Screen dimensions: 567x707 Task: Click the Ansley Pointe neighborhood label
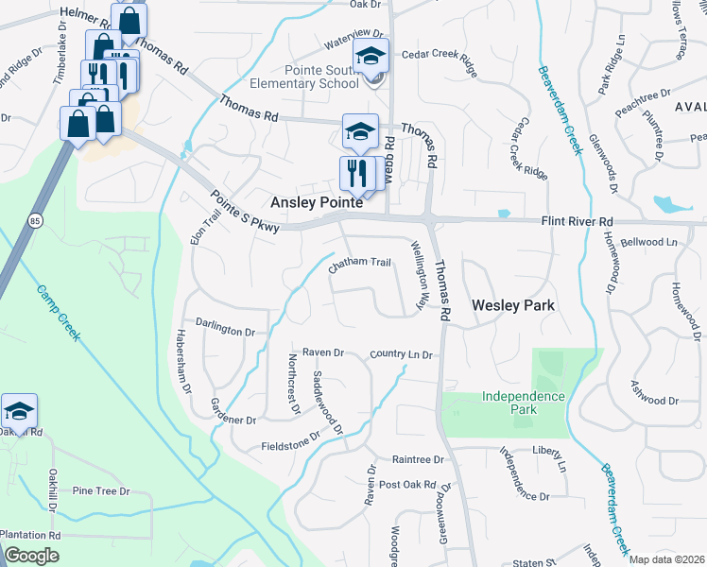pyautogui.click(x=317, y=203)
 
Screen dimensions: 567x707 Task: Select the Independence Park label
pyautogui.click(x=522, y=403)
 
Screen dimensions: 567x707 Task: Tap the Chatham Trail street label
pyautogui.click(x=359, y=264)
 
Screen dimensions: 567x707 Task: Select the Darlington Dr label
pyautogui.click(x=226, y=332)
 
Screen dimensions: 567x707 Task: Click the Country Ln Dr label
pyautogui.click(x=401, y=354)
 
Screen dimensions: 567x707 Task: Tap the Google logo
pyautogui.click(x=31, y=556)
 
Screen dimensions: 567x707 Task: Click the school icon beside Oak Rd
pyautogui.click(x=19, y=412)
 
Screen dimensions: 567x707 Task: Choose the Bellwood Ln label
pyautogui.click(x=652, y=243)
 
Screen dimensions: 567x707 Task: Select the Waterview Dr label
pyautogui.click(x=352, y=43)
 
